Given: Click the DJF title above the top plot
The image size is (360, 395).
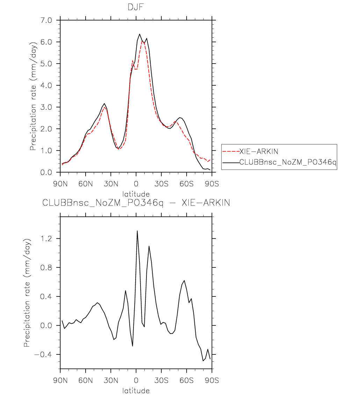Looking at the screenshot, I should tap(136, 7).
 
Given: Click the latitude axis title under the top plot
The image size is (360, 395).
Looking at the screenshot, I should tap(136, 194).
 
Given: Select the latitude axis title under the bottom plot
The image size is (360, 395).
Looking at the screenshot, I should tap(136, 390).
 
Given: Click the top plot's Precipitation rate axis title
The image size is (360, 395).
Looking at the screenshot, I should tap(33, 96).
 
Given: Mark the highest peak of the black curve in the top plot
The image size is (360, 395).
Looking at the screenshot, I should tap(139, 34).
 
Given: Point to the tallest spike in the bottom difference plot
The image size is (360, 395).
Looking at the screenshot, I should tap(137, 231).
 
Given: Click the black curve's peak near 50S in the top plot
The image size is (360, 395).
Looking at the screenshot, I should tap(180, 117).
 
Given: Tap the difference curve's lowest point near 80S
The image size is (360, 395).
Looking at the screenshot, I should tap(203, 360).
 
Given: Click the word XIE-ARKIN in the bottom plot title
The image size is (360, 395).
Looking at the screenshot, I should tap(206, 203).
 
